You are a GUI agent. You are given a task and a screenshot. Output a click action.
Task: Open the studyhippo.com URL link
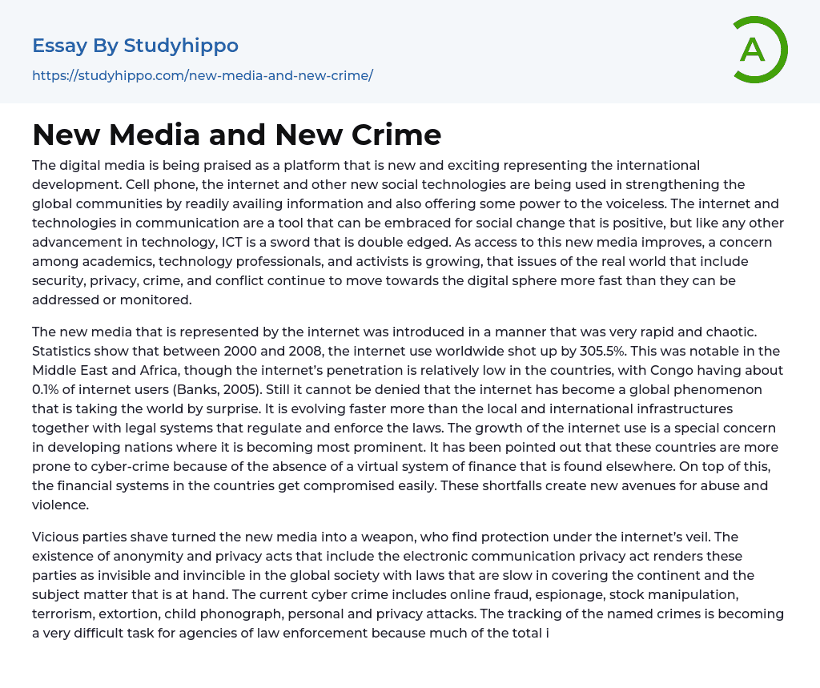[203, 76]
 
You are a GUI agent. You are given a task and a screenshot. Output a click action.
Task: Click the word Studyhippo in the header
[181, 46]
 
